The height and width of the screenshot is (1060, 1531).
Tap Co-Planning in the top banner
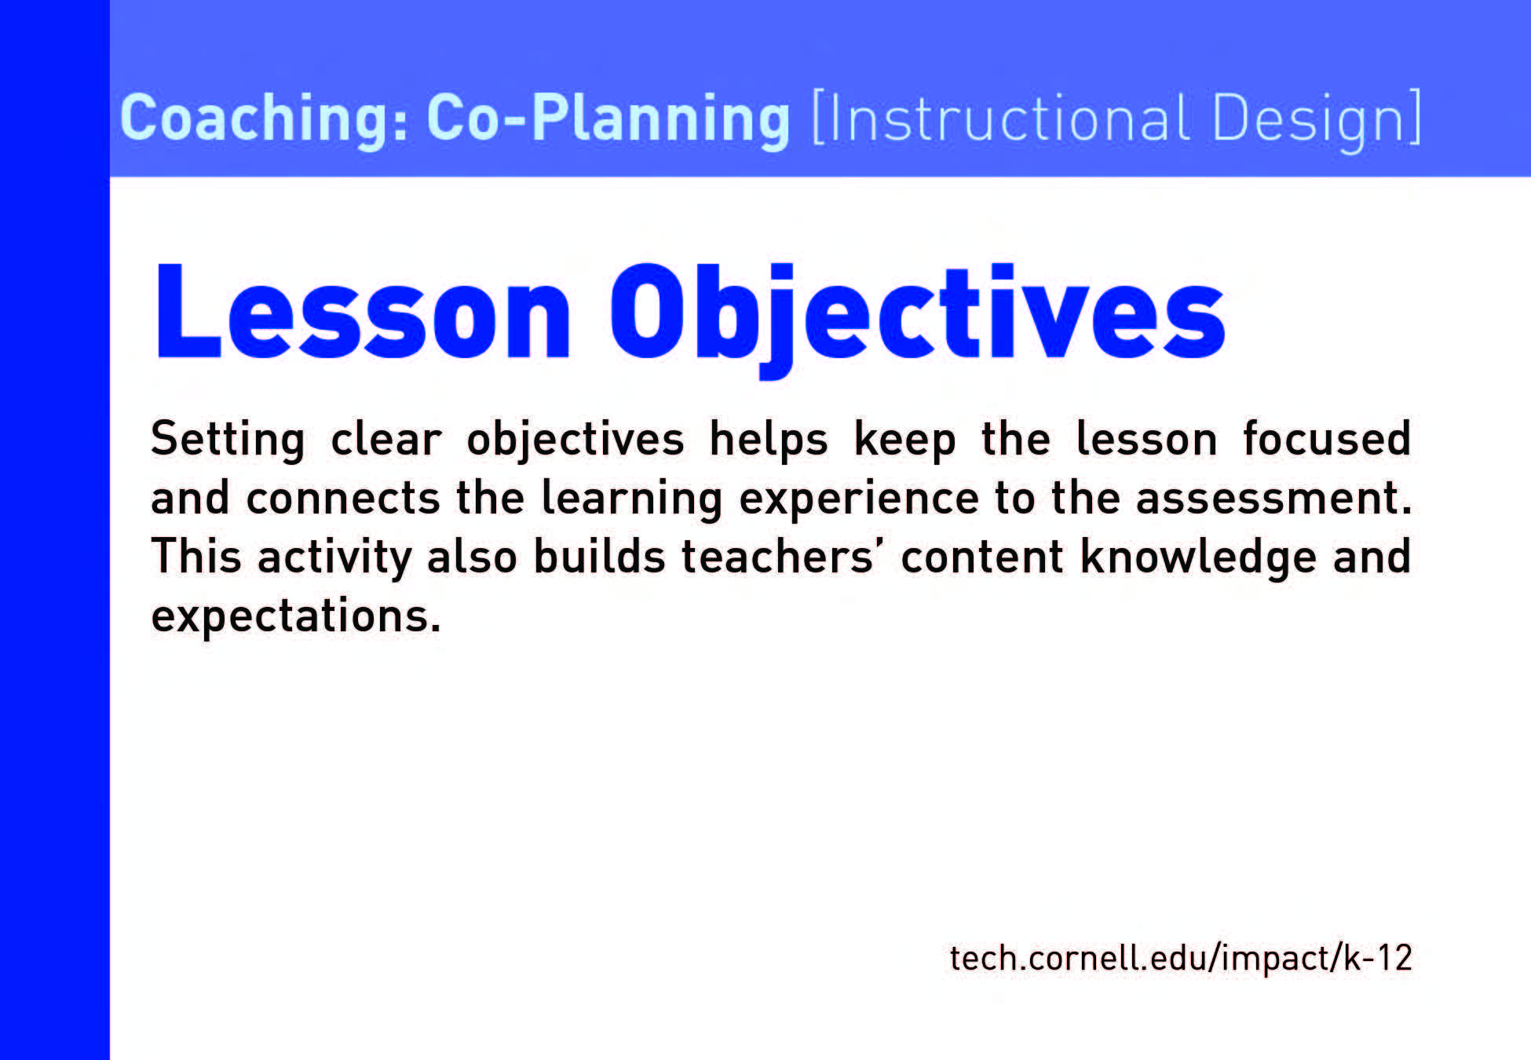point(608,119)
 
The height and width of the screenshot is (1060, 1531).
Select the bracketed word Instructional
point(1000,119)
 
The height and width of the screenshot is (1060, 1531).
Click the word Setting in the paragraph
point(228,440)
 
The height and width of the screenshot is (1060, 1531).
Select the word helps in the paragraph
point(769,440)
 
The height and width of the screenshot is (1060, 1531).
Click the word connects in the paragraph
point(343,499)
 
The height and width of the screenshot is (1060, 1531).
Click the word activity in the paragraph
point(335,557)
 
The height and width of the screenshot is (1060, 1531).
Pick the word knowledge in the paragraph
point(1198,558)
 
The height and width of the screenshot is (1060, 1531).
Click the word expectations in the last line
point(296,616)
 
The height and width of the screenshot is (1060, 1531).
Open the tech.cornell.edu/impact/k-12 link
point(1181,959)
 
